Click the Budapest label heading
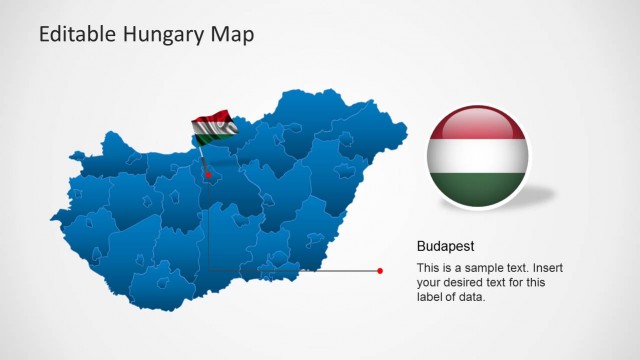coord(445,245)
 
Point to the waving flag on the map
coord(214,125)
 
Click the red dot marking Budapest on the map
coord(208,175)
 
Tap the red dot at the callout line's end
coord(380,270)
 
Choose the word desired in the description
coord(468,282)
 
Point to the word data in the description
coord(473,296)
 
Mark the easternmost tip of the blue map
coord(406,127)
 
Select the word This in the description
coord(428,268)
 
